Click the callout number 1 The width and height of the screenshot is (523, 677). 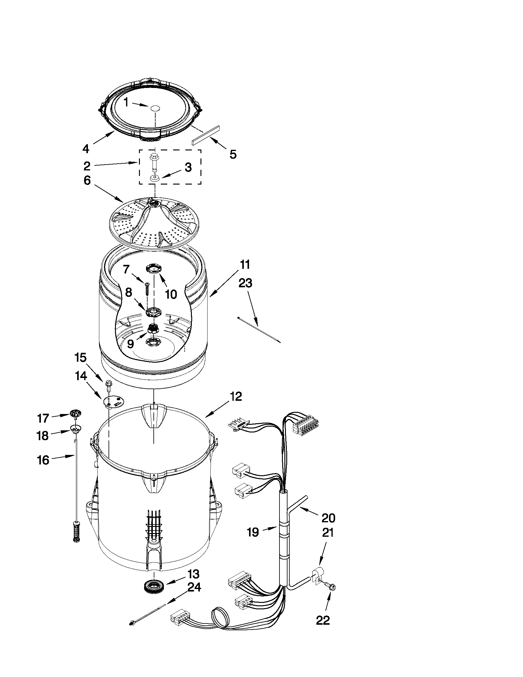pos(126,102)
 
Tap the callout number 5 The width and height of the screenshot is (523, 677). pos(233,154)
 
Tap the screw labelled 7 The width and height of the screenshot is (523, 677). pos(147,289)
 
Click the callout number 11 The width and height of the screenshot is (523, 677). pos(245,265)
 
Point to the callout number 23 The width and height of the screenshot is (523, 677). pos(245,283)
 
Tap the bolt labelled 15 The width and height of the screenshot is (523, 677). pos(109,385)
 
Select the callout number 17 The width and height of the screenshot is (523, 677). pos(43,419)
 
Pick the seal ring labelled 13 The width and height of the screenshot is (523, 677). pos(153,587)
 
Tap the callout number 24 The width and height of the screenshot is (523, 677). pos(192,587)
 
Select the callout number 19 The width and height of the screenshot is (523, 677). pos(253,532)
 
